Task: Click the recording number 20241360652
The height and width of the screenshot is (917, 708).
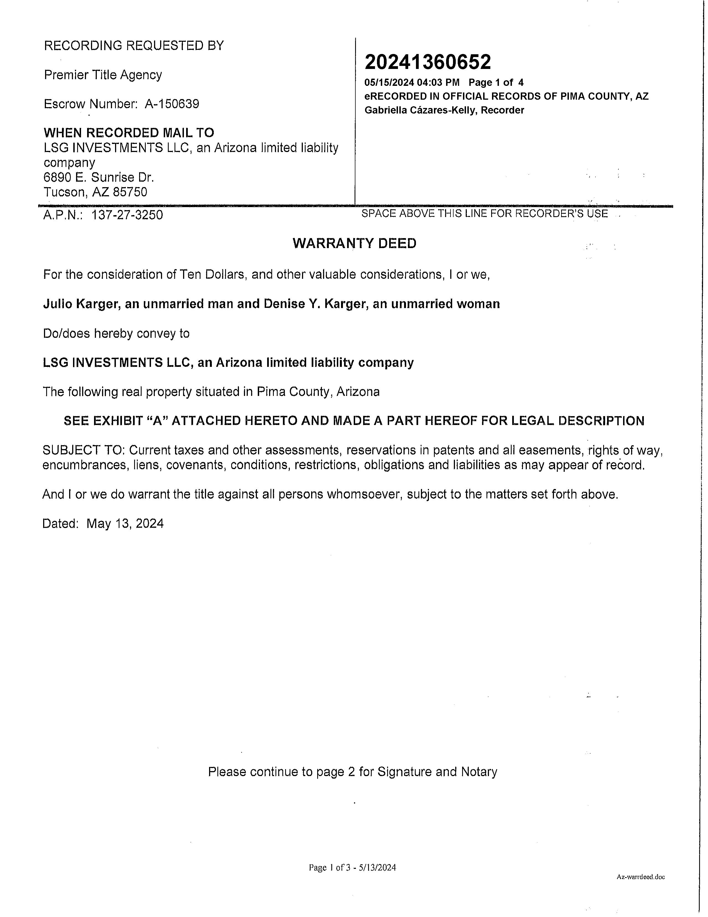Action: pyautogui.click(x=427, y=62)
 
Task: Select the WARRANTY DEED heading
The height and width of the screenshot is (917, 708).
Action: pyautogui.click(x=355, y=244)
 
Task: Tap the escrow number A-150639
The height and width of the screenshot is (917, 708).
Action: pyautogui.click(x=172, y=104)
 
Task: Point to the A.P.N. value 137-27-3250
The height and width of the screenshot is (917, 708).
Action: pyautogui.click(x=127, y=215)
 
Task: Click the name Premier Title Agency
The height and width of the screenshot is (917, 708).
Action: pyautogui.click(x=103, y=75)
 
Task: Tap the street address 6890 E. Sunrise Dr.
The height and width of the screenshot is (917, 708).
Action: pyautogui.click(x=98, y=177)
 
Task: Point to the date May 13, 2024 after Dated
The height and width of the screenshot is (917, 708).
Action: pyautogui.click(x=125, y=523)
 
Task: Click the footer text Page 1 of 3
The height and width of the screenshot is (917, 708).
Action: pyautogui.click(x=329, y=867)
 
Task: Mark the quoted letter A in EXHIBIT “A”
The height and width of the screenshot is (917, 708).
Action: pyautogui.click(x=157, y=421)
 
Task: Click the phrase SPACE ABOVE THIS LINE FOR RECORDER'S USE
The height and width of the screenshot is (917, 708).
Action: pyautogui.click(x=485, y=214)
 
